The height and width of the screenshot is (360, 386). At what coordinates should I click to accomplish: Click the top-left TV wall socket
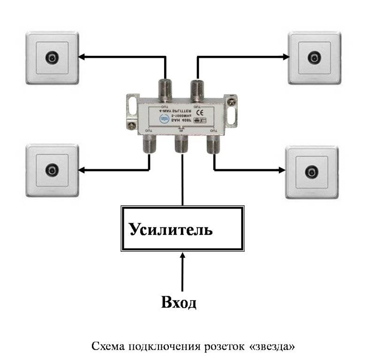point(52,58)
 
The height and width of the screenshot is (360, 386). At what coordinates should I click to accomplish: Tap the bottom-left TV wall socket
point(52,169)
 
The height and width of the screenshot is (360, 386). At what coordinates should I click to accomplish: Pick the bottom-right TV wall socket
point(312,171)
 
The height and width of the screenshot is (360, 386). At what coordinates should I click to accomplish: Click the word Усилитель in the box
point(171,230)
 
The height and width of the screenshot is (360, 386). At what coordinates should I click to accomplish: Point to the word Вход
point(179,302)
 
